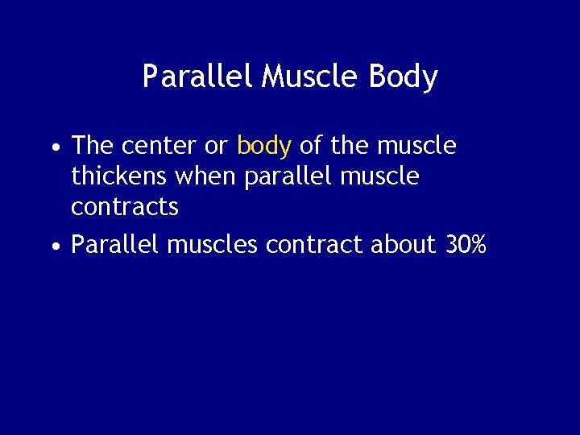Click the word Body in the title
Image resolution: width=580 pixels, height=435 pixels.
(x=403, y=77)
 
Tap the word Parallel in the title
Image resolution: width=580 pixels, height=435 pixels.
(x=197, y=77)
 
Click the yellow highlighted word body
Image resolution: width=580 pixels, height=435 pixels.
(x=263, y=146)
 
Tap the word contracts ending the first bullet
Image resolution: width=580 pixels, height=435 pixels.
(x=125, y=207)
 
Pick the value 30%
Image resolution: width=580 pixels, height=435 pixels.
(x=466, y=245)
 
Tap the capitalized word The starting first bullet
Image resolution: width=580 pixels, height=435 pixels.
(x=93, y=146)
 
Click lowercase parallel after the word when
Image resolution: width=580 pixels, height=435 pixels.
(x=280, y=176)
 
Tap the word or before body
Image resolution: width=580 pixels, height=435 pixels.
(x=217, y=147)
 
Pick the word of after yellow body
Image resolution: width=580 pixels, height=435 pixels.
(x=309, y=146)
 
